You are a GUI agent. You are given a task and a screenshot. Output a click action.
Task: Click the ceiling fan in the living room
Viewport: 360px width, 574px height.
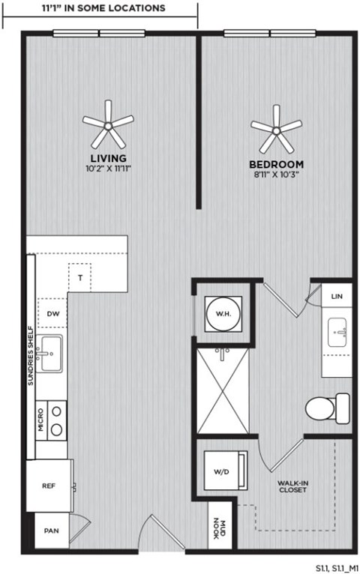click(108, 124)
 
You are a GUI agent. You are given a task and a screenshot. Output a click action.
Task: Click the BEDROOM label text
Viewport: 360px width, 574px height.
click(276, 164)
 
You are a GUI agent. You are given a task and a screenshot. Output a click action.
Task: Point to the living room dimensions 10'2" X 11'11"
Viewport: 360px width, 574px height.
click(108, 169)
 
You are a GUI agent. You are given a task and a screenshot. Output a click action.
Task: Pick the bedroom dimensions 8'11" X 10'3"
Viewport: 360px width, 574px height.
click(276, 175)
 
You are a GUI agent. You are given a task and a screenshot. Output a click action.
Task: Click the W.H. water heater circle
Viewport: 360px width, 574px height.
click(223, 313)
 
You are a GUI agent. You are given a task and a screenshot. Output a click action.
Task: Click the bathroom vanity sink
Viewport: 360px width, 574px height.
click(338, 332)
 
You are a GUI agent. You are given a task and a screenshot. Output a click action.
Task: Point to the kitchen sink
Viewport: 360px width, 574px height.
click(51, 353)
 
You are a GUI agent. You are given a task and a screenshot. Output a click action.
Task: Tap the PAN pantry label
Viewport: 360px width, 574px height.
click(49, 531)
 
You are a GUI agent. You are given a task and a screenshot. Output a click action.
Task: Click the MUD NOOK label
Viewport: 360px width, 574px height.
click(216, 529)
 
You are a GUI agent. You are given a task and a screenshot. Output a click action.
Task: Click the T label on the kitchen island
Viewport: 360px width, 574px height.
click(79, 277)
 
